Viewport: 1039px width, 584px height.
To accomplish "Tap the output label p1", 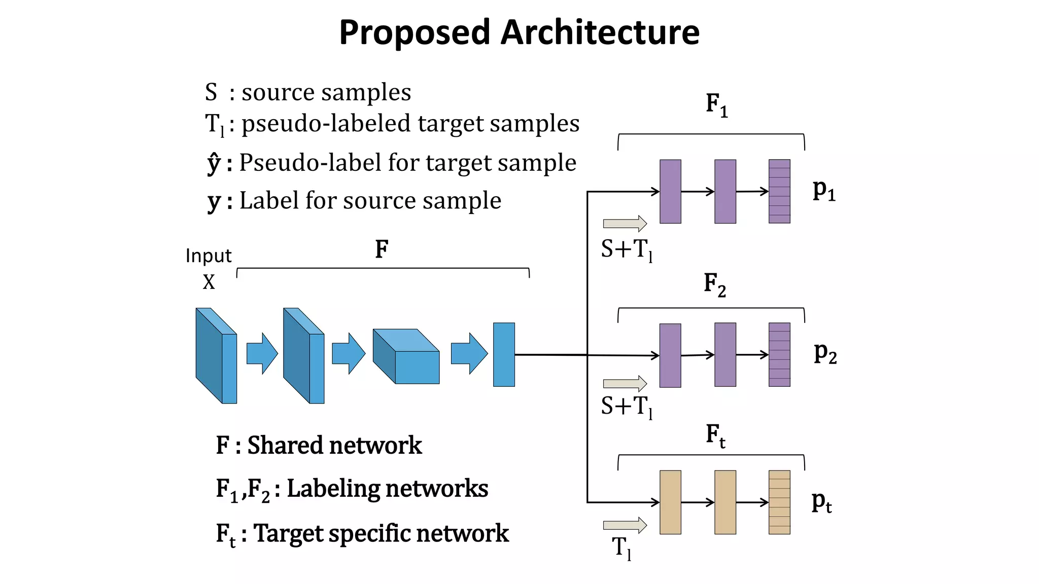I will point(823,190).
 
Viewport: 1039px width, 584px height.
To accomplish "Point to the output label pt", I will point(821,502).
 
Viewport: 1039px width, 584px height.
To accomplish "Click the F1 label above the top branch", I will point(716,105).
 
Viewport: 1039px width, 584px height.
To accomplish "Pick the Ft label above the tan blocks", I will point(715,436).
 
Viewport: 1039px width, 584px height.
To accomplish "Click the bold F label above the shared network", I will point(382,249).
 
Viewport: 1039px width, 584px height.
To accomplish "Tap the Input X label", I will point(209,269).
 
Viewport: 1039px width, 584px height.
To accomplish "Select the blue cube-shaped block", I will point(406,356).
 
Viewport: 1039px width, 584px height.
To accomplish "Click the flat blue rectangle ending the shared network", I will point(504,354).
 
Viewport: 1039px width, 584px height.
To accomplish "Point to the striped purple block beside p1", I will point(779,192).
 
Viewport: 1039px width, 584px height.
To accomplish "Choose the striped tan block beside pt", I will point(779,502).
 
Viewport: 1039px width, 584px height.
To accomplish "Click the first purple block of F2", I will point(670,355).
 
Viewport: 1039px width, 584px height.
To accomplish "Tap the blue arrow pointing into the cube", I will point(348,353).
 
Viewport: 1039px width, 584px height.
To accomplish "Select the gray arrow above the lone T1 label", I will point(625,525).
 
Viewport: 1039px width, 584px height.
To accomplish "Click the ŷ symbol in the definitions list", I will point(214,163).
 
